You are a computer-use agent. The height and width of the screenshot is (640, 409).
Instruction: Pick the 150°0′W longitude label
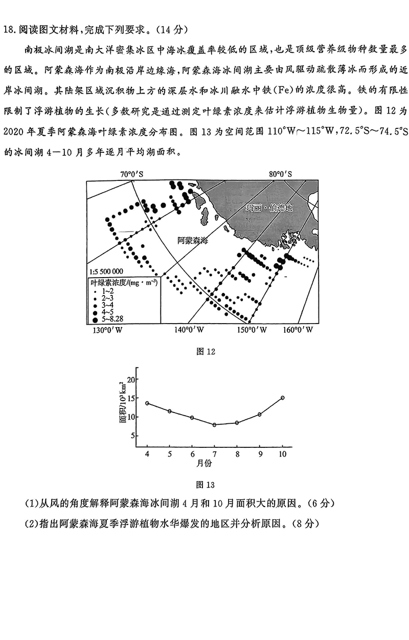(252, 330)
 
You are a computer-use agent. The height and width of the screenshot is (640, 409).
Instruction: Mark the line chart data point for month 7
(215, 425)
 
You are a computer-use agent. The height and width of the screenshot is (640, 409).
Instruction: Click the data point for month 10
(282, 398)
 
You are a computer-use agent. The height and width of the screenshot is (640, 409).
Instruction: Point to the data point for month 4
(147, 403)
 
